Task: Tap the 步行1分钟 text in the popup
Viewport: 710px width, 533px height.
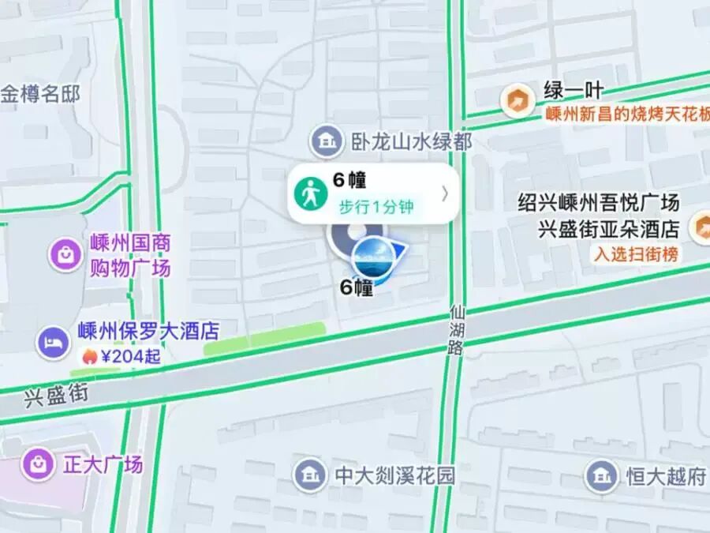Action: pos(376,208)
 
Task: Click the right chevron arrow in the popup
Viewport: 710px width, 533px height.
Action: pos(444,193)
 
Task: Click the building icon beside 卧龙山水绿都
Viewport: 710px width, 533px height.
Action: pos(324,141)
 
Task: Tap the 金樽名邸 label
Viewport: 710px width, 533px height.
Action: pos(40,95)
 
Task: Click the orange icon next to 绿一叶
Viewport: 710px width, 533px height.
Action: pos(517,100)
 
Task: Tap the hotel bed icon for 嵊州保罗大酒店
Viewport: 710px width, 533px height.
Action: pos(51,341)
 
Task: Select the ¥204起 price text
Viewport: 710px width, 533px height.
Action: pos(130,356)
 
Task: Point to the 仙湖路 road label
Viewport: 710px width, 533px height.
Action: pos(456,331)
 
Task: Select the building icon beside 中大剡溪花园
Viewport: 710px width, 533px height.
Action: pos(310,475)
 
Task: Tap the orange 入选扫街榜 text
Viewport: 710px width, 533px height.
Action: pos(636,254)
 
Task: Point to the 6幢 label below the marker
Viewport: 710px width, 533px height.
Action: pos(356,288)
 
